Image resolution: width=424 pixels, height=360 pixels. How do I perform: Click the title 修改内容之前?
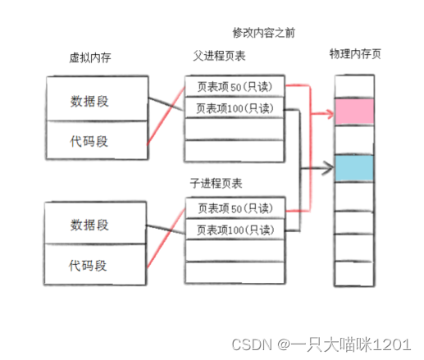tap(263, 33)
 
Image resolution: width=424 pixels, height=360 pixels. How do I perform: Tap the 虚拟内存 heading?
tap(91, 58)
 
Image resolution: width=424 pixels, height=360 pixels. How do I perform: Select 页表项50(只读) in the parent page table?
tap(234, 85)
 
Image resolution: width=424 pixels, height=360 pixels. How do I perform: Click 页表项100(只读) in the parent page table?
tap(234, 107)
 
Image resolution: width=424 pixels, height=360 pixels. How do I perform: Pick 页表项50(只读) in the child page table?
tap(234, 209)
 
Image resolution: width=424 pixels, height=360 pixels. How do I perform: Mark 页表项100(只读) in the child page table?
tap(234, 230)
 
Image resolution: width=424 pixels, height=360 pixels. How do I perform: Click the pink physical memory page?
tap(354, 112)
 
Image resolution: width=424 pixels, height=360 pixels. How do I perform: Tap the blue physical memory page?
tap(354, 168)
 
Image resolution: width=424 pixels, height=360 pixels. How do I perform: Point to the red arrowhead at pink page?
tap(331, 110)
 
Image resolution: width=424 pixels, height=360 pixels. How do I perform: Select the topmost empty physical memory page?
tap(354, 87)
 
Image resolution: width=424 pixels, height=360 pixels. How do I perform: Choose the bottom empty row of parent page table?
tap(234, 151)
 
